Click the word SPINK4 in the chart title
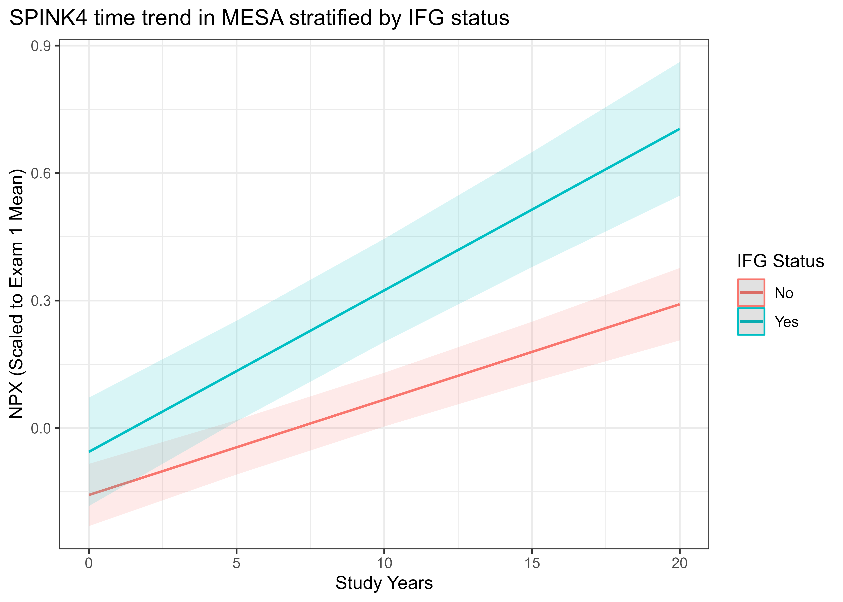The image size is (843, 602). (48, 18)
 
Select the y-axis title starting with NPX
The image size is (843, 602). (17, 294)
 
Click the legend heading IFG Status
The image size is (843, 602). (780, 261)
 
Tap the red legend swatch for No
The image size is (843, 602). (751, 293)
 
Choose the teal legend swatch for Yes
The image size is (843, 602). (751, 321)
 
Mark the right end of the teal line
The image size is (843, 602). (679, 129)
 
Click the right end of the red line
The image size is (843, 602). (679, 304)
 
